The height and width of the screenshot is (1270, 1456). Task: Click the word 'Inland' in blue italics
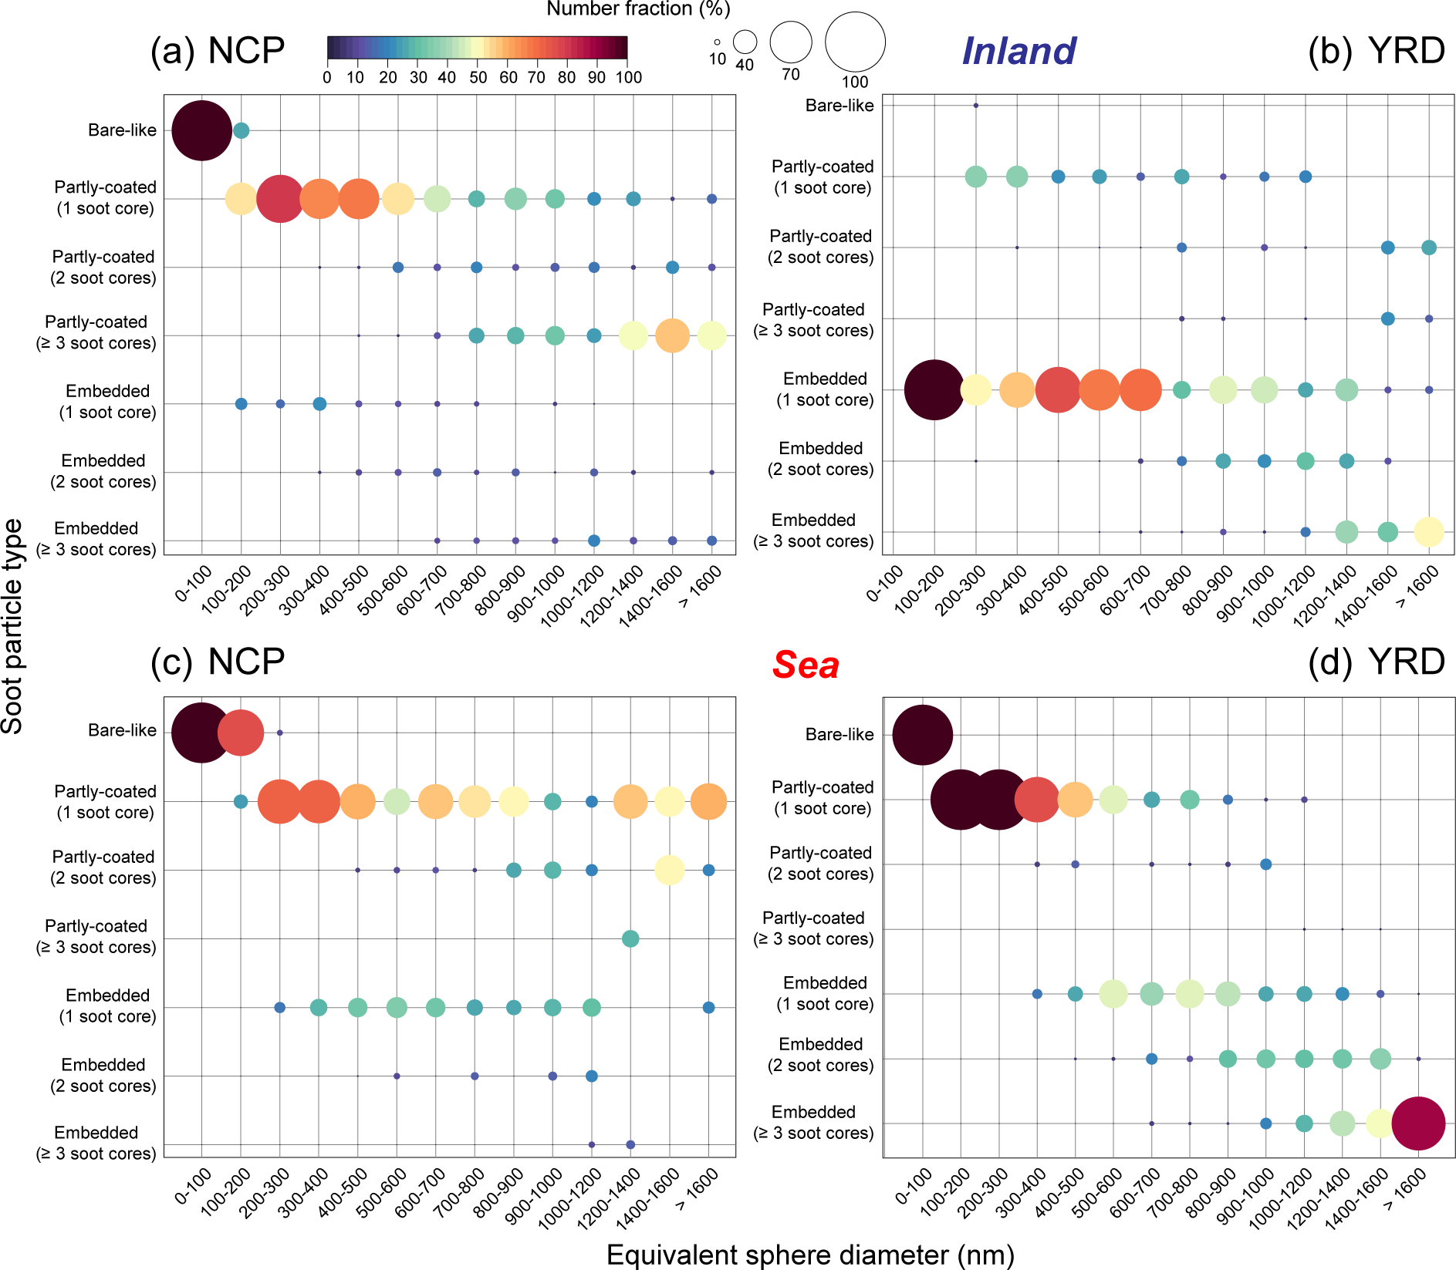pyautogui.click(x=1019, y=52)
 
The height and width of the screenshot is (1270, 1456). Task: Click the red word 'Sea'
pyautogui.click(x=806, y=665)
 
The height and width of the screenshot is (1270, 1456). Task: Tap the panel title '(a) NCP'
pyautogui.click(x=218, y=51)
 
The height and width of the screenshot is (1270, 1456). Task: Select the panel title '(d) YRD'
pyautogui.click(x=1376, y=662)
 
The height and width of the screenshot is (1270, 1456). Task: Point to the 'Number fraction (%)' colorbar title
pyautogui.click(x=637, y=8)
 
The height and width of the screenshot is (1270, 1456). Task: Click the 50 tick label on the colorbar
pyautogui.click(x=478, y=77)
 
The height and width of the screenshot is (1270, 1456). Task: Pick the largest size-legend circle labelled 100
pyautogui.click(x=855, y=42)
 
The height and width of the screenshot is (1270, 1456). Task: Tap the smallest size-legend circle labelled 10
pyautogui.click(x=717, y=42)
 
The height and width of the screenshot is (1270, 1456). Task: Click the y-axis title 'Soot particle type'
pyautogui.click(x=12, y=625)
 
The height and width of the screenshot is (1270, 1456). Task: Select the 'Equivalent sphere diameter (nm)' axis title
pyautogui.click(x=809, y=1255)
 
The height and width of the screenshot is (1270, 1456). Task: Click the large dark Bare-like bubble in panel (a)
pyautogui.click(x=201, y=130)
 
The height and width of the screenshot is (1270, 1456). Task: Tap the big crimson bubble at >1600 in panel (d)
pyautogui.click(x=1418, y=1123)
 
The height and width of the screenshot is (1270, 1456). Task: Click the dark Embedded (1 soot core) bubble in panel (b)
pyautogui.click(x=934, y=390)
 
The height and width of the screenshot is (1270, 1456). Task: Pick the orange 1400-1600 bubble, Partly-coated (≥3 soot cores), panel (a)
pyautogui.click(x=672, y=335)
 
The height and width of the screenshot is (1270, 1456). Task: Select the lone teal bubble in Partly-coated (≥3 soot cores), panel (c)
pyautogui.click(x=630, y=938)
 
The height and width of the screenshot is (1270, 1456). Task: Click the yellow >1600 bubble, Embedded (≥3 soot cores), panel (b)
pyautogui.click(x=1428, y=532)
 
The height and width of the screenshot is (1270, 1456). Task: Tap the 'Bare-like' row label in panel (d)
pyautogui.click(x=839, y=735)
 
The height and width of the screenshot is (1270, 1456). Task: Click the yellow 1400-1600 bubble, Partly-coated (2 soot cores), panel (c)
pyautogui.click(x=669, y=870)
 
